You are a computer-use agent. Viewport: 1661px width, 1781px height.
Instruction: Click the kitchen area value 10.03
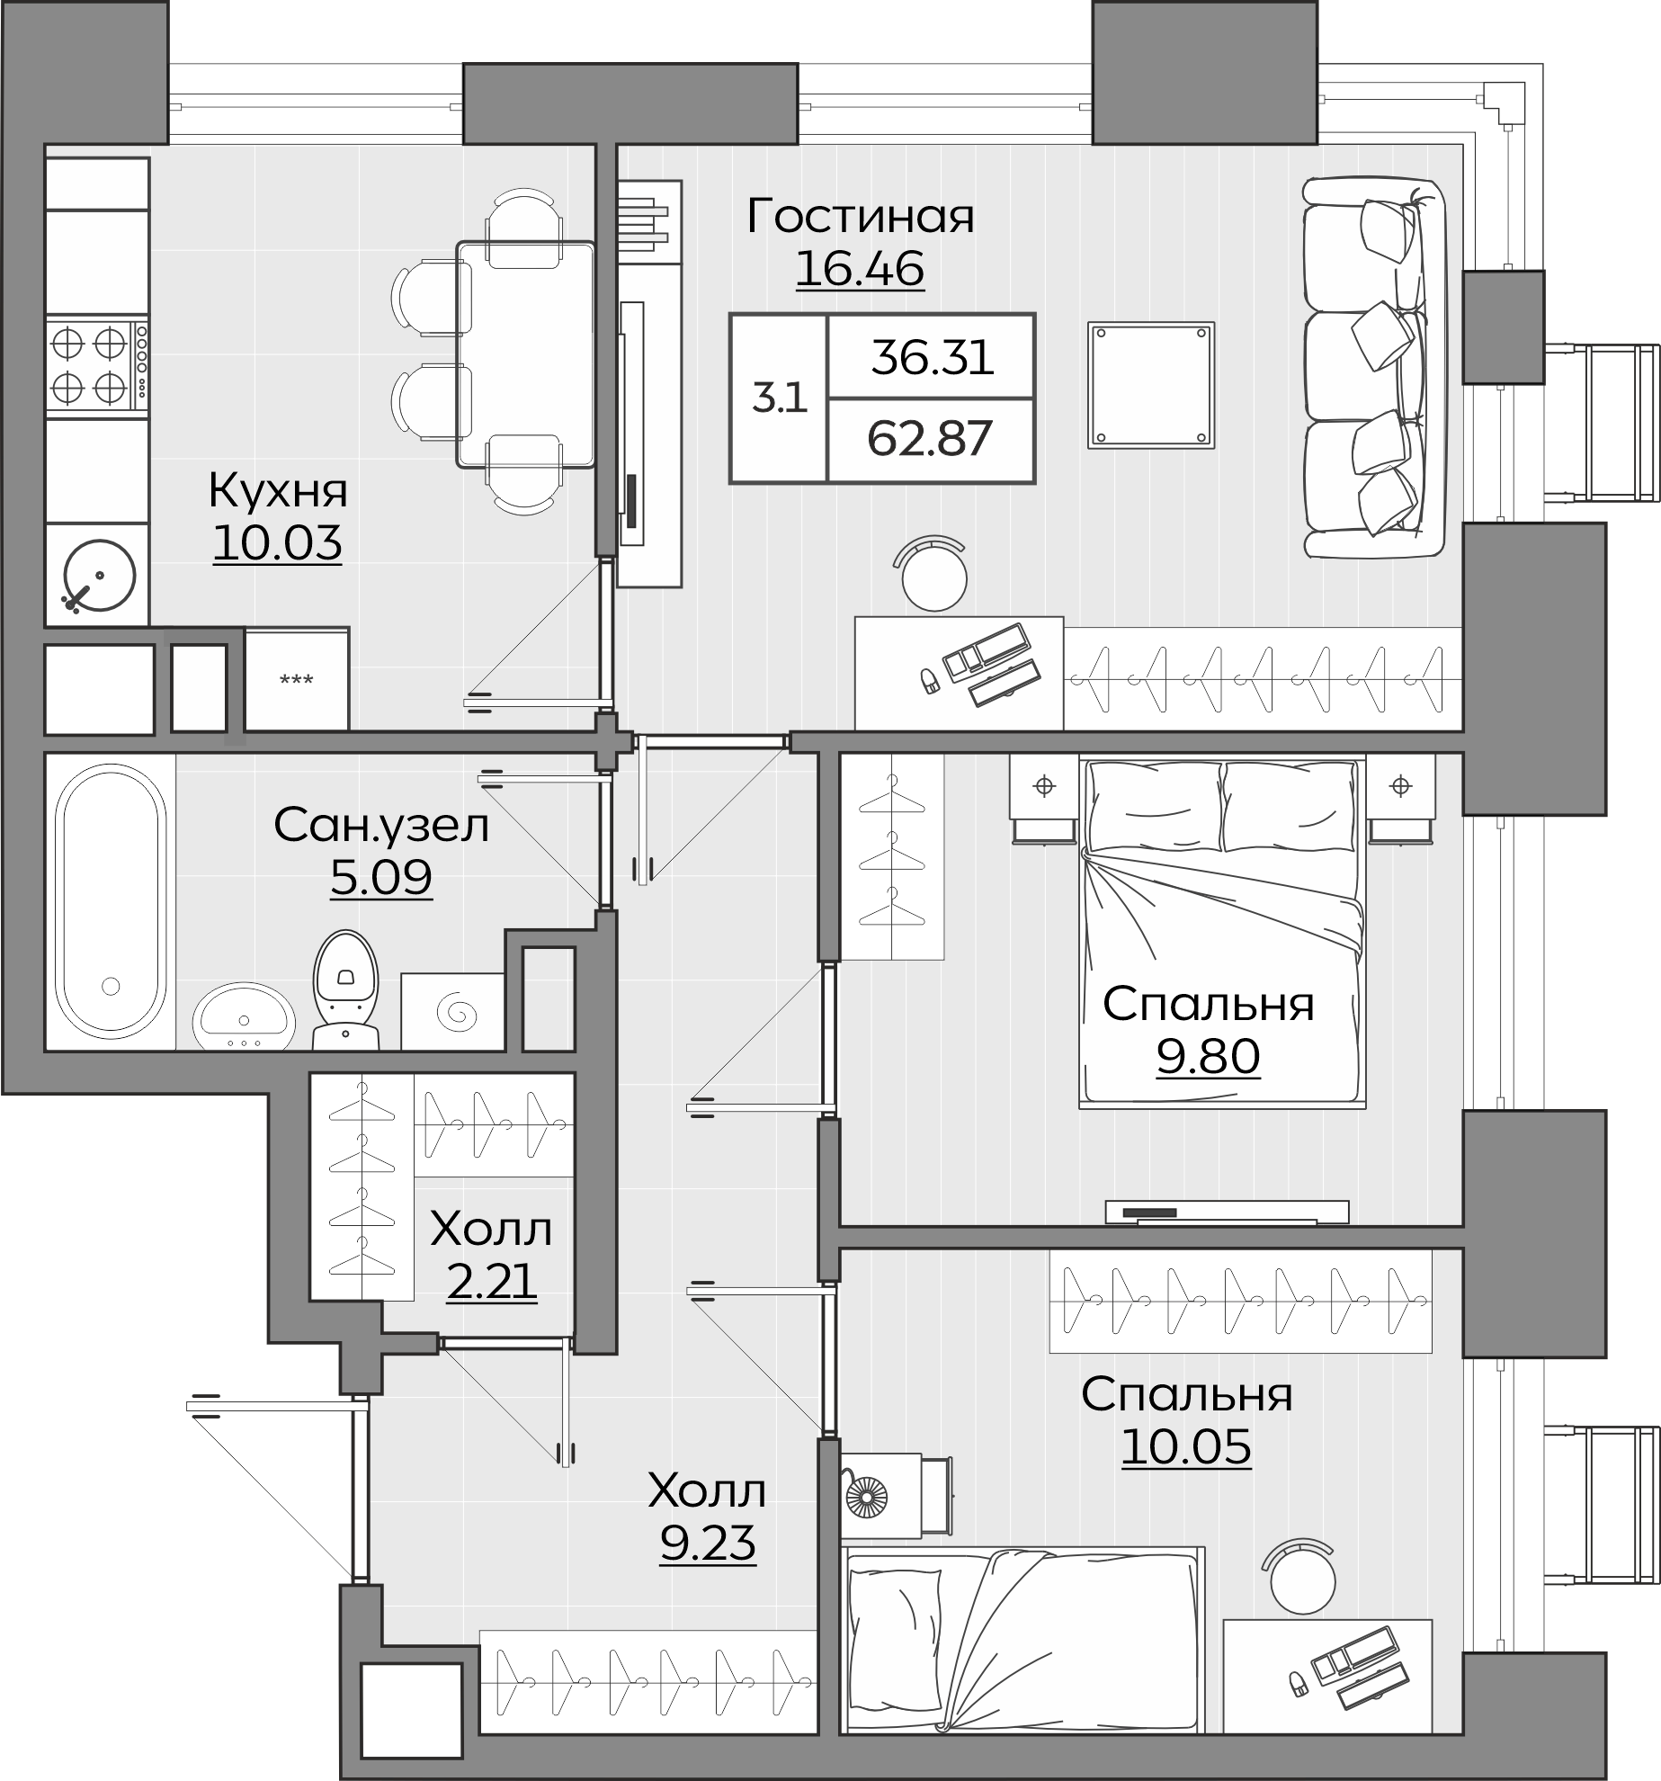[278, 543]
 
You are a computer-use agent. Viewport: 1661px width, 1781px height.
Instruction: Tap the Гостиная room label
[860, 217]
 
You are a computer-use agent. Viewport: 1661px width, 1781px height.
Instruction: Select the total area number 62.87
[930, 439]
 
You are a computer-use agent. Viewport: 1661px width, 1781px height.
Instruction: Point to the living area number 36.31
[932, 358]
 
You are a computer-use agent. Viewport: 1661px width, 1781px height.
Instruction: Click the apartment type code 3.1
[780, 398]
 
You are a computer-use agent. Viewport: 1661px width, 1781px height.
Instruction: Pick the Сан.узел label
[382, 825]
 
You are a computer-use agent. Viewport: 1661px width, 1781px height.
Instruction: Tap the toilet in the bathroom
[346, 989]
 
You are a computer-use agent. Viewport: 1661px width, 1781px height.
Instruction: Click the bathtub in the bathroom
[111, 901]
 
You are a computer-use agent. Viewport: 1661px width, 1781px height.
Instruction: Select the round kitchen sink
[99, 576]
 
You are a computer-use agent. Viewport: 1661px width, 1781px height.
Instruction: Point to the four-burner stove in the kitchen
[97, 364]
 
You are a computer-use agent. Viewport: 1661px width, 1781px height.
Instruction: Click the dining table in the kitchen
[526, 354]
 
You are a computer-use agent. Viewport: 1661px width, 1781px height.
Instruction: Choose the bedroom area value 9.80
[1208, 1057]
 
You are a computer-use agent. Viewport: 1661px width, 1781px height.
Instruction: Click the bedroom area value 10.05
[1186, 1447]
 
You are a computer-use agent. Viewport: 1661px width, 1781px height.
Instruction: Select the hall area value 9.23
[707, 1544]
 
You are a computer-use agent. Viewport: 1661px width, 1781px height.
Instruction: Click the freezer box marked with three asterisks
[297, 679]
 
